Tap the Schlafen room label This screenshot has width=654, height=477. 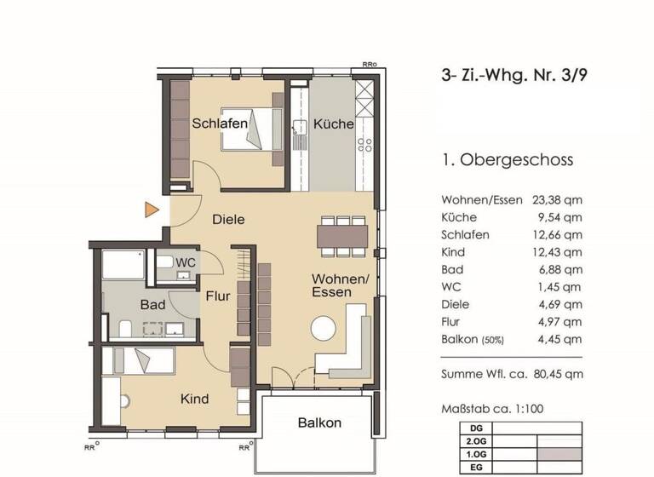220,124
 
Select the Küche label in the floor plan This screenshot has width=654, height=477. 333,124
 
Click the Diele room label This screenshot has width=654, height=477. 228,219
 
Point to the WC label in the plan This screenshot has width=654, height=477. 186,262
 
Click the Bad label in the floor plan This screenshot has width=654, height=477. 152,304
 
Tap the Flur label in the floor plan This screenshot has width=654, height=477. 219,296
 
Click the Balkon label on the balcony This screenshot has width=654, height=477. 319,422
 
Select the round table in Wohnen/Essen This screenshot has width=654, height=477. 324,328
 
